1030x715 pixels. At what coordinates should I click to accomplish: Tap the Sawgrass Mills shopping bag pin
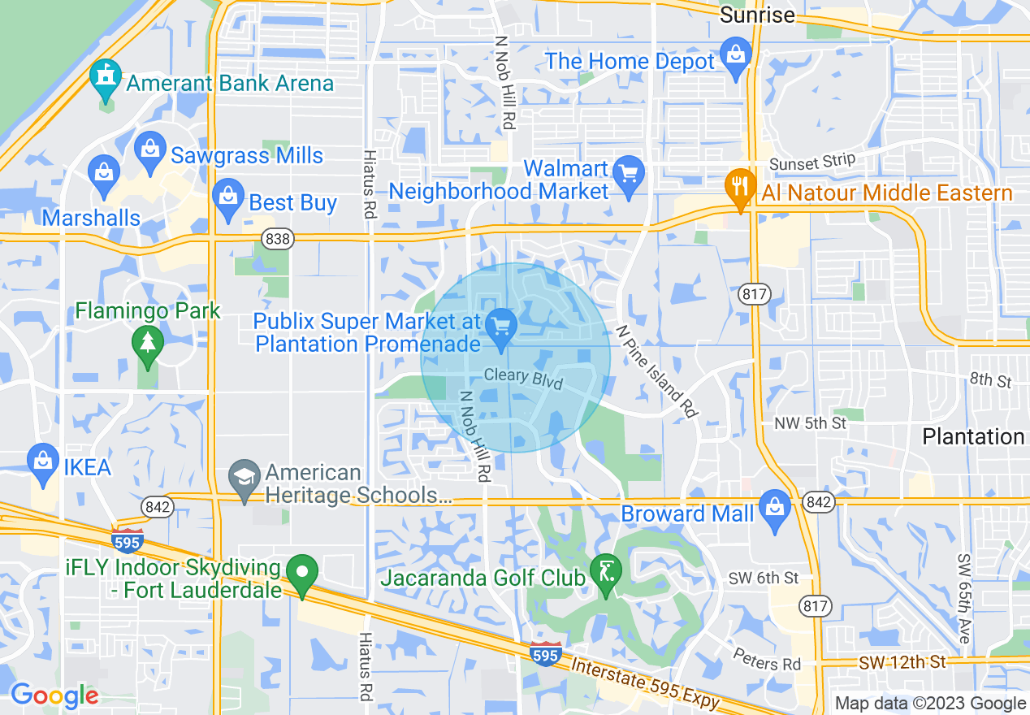click(x=149, y=152)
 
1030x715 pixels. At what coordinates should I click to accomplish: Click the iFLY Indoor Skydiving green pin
click(x=304, y=574)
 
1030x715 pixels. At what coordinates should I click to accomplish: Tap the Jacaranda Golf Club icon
click(x=606, y=573)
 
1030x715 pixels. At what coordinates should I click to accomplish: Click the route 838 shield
click(x=278, y=238)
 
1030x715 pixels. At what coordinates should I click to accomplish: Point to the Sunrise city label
click(x=757, y=15)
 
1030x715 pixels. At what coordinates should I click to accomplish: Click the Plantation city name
click(x=972, y=436)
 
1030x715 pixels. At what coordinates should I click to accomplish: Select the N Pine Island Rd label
click(x=656, y=371)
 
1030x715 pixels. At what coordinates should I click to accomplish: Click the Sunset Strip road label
click(x=812, y=162)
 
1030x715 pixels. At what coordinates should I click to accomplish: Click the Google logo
click(x=54, y=695)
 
